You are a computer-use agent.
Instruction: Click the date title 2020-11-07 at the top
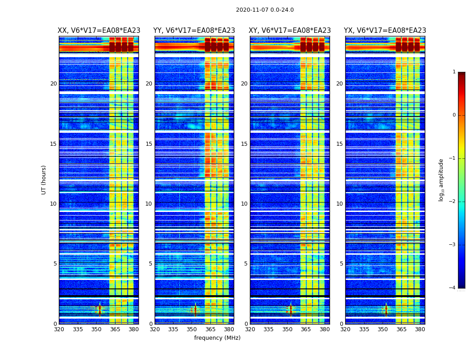tap(265, 10)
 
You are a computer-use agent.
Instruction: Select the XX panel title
tap(99, 31)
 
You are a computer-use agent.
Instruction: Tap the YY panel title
tap(194, 31)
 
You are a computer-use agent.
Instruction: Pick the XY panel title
tap(289, 31)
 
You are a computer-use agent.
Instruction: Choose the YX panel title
tap(385, 31)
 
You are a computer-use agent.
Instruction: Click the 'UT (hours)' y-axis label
tap(44, 180)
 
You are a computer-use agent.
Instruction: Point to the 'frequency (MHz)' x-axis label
tap(217, 338)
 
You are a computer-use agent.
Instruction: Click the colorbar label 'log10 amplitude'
tap(441, 180)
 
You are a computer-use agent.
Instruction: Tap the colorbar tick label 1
tap(454, 72)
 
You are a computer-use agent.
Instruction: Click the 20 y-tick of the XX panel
tap(53, 84)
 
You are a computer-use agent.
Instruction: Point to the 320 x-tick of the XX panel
tap(59, 329)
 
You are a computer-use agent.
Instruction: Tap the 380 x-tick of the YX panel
tap(420, 329)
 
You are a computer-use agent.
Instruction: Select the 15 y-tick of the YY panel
tap(149, 144)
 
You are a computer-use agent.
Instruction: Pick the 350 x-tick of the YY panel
tap(192, 329)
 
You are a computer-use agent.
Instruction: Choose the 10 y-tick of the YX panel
tap(339, 204)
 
